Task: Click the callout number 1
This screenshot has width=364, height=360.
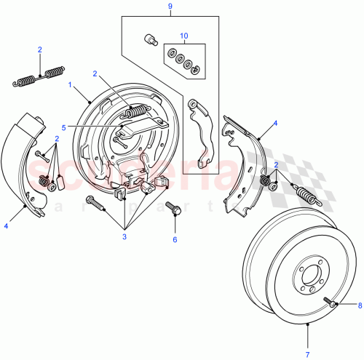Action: point(71,86)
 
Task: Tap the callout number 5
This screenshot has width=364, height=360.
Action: point(64,127)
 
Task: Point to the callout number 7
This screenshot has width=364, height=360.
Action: point(307,353)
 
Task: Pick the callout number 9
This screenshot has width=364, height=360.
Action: point(170,7)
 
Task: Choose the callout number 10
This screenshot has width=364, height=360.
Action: point(184,34)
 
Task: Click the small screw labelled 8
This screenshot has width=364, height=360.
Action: point(331,305)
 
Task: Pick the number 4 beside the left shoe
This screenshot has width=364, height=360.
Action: point(7,226)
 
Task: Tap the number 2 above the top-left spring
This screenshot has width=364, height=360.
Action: point(40,49)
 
